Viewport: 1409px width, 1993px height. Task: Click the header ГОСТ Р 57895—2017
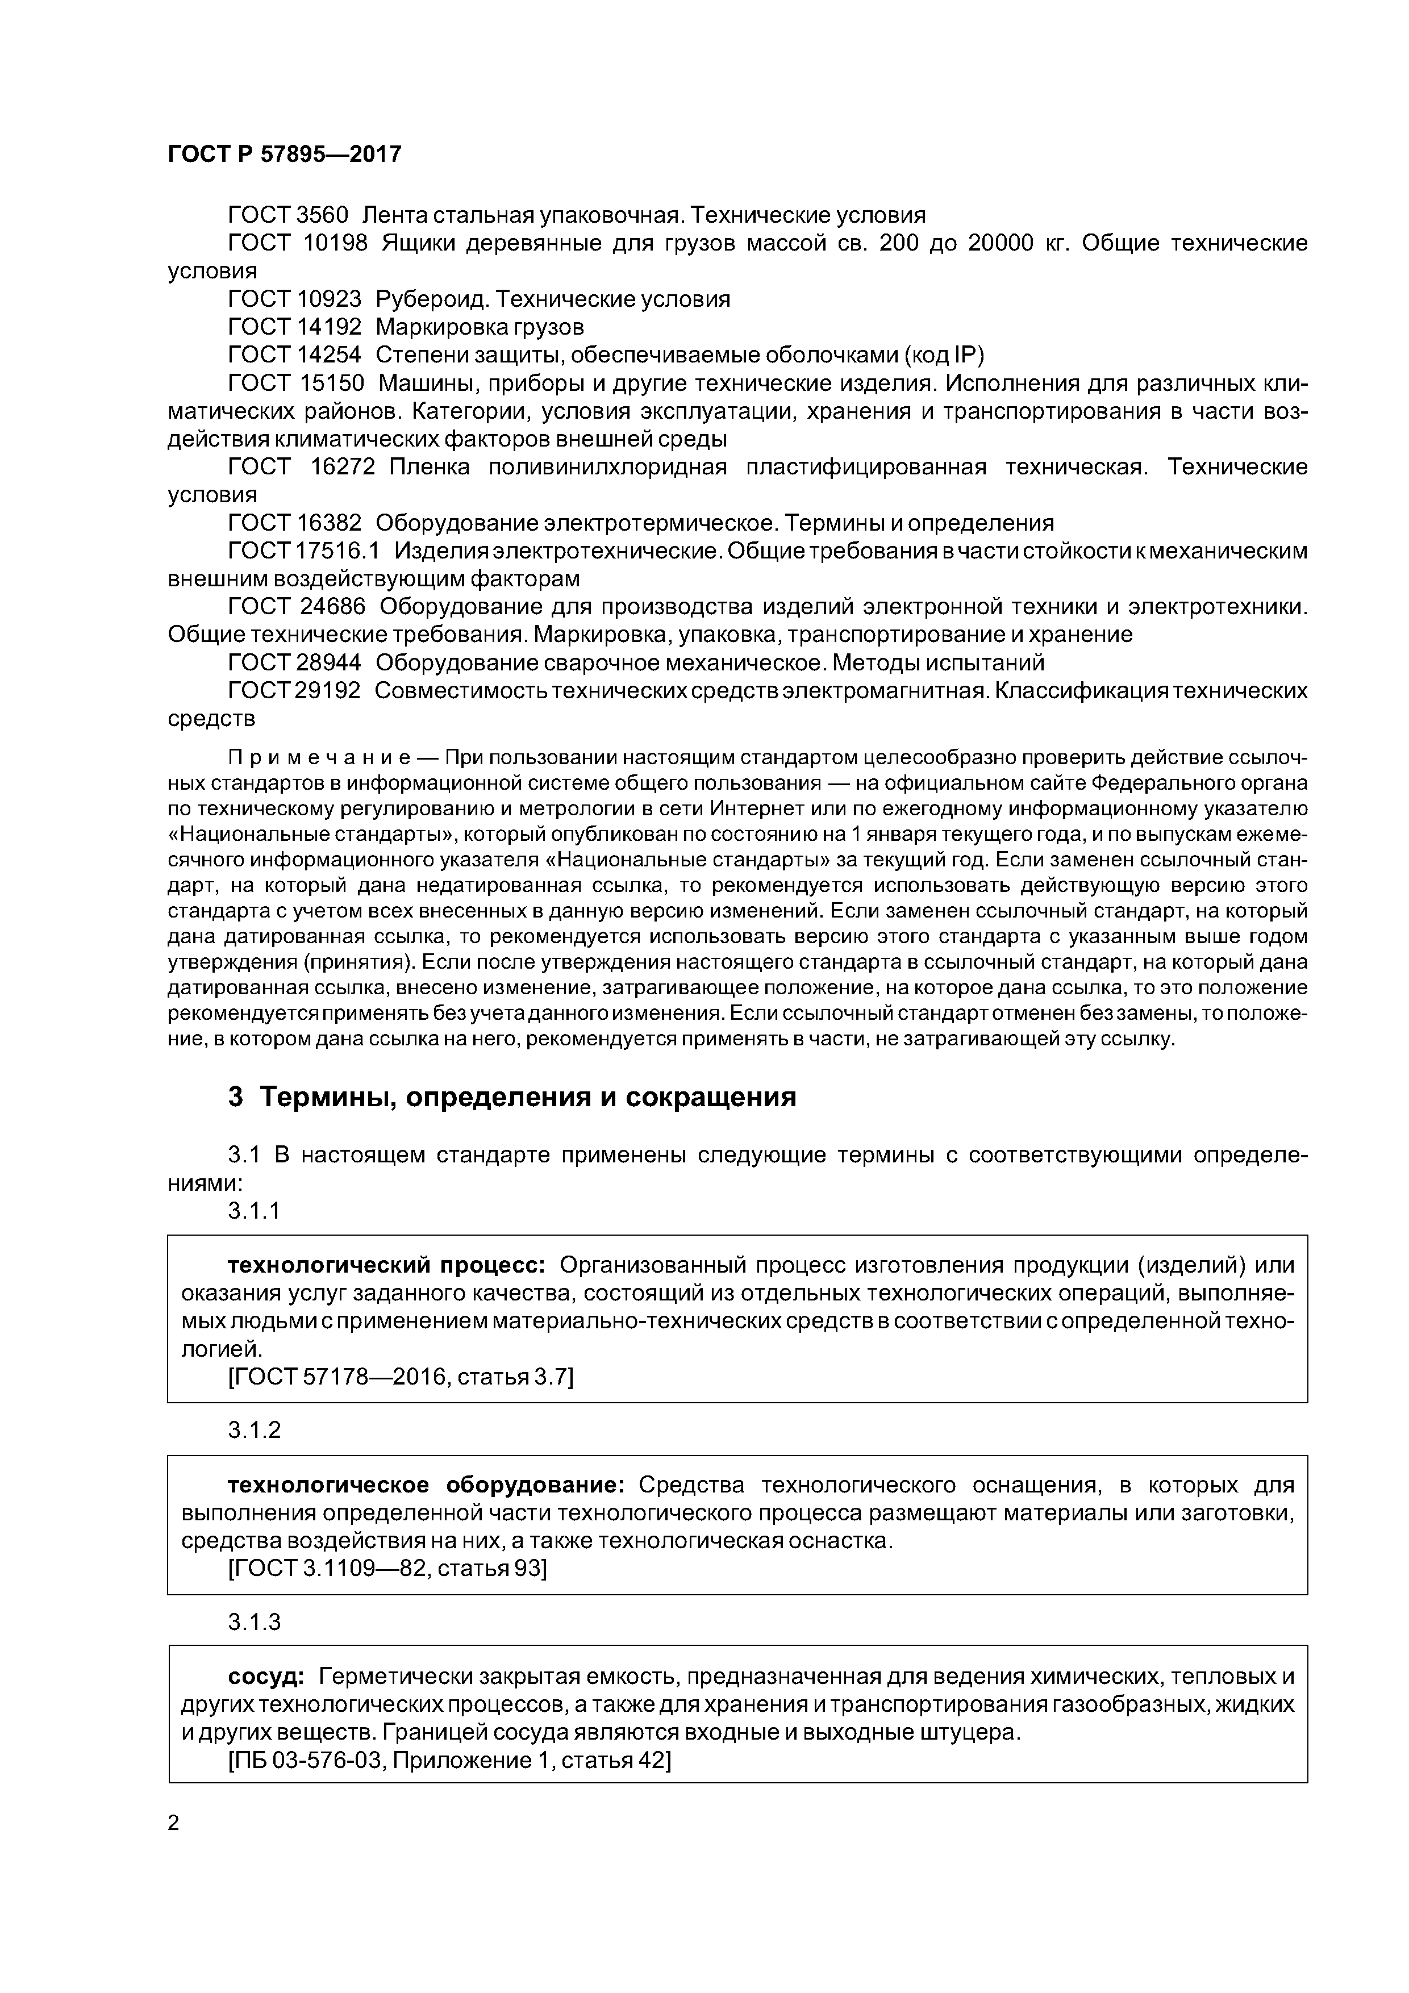(284, 155)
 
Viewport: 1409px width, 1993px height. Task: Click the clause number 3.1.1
(255, 1211)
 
